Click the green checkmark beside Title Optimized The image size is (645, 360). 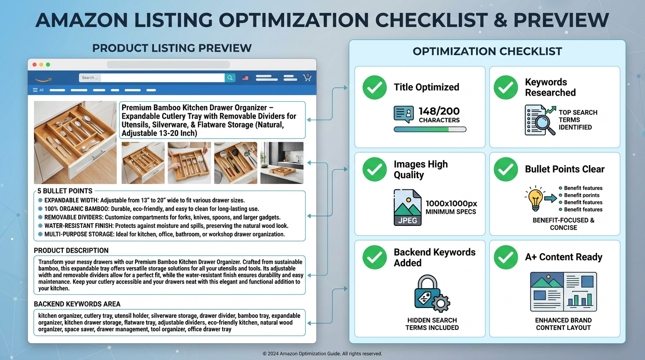[x=375, y=87]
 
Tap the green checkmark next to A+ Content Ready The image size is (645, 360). [x=505, y=257]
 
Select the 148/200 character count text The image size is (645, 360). [x=439, y=112]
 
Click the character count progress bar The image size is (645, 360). [x=430, y=129]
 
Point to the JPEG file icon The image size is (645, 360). [x=408, y=208]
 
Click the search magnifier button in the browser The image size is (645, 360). [x=230, y=78]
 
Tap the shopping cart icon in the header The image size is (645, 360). [x=307, y=77]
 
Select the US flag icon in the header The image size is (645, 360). [x=245, y=78]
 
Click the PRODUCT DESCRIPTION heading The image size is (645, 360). [x=71, y=250]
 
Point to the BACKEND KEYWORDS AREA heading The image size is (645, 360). [x=77, y=304]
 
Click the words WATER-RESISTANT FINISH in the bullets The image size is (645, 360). [x=73, y=225]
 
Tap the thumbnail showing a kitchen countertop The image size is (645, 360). [x=282, y=163]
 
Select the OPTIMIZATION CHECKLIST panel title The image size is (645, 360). [x=487, y=52]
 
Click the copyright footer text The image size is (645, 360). [x=322, y=353]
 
